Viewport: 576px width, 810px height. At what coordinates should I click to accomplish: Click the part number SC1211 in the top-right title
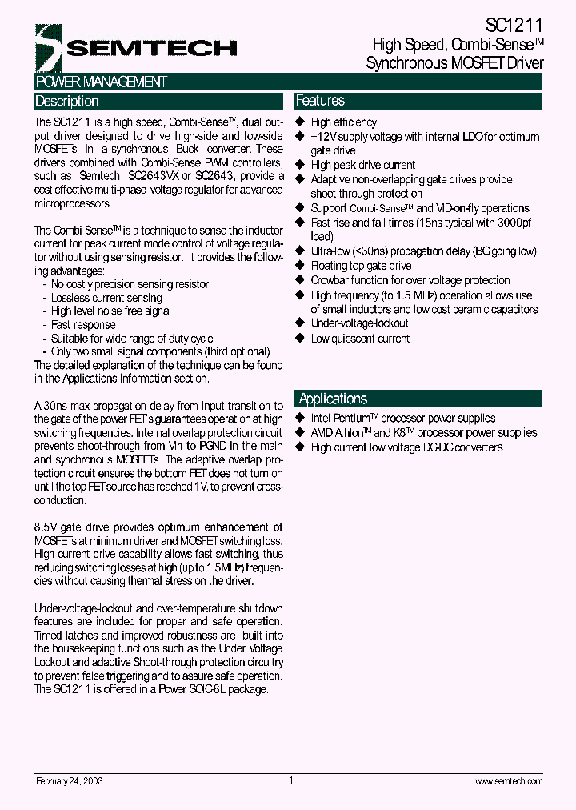[514, 26]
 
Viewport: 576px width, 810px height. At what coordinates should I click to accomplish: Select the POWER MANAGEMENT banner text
[102, 82]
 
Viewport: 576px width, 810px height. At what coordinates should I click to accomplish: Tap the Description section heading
[67, 102]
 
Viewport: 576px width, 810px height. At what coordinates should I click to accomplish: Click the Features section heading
[320, 101]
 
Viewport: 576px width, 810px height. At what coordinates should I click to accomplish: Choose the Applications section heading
[333, 399]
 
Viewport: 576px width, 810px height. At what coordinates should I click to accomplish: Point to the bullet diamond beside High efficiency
[301, 122]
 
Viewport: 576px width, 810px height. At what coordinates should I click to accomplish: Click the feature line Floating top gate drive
[361, 266]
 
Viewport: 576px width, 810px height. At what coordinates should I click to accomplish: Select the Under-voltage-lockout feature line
[359, 323]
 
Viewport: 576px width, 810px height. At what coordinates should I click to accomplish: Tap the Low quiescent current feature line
[360, 339]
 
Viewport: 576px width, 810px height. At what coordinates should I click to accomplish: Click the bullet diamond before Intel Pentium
[301, 418]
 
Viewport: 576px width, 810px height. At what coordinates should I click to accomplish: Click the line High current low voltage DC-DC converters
[406, 447]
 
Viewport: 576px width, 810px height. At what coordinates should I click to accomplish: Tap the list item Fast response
[83, 325]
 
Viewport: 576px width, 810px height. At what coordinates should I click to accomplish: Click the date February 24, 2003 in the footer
[69, 781]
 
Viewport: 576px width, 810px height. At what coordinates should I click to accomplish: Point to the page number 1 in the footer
[291, 780]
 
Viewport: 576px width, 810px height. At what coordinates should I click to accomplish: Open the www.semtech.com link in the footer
[509, 781]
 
